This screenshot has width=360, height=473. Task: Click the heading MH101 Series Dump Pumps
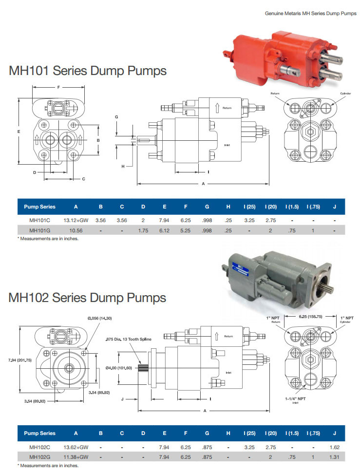88,71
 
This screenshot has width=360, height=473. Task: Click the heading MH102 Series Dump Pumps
88,298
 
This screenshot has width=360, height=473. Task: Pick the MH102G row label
39,457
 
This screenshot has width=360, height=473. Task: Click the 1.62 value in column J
334,447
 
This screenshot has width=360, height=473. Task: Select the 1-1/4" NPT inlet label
295,398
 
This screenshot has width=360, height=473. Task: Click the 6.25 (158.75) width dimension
310,316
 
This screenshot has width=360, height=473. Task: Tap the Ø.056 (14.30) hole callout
100,318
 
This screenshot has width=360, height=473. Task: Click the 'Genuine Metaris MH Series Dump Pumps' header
310,14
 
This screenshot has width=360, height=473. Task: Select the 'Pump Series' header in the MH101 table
39,207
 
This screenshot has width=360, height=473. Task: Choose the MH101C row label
39,220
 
